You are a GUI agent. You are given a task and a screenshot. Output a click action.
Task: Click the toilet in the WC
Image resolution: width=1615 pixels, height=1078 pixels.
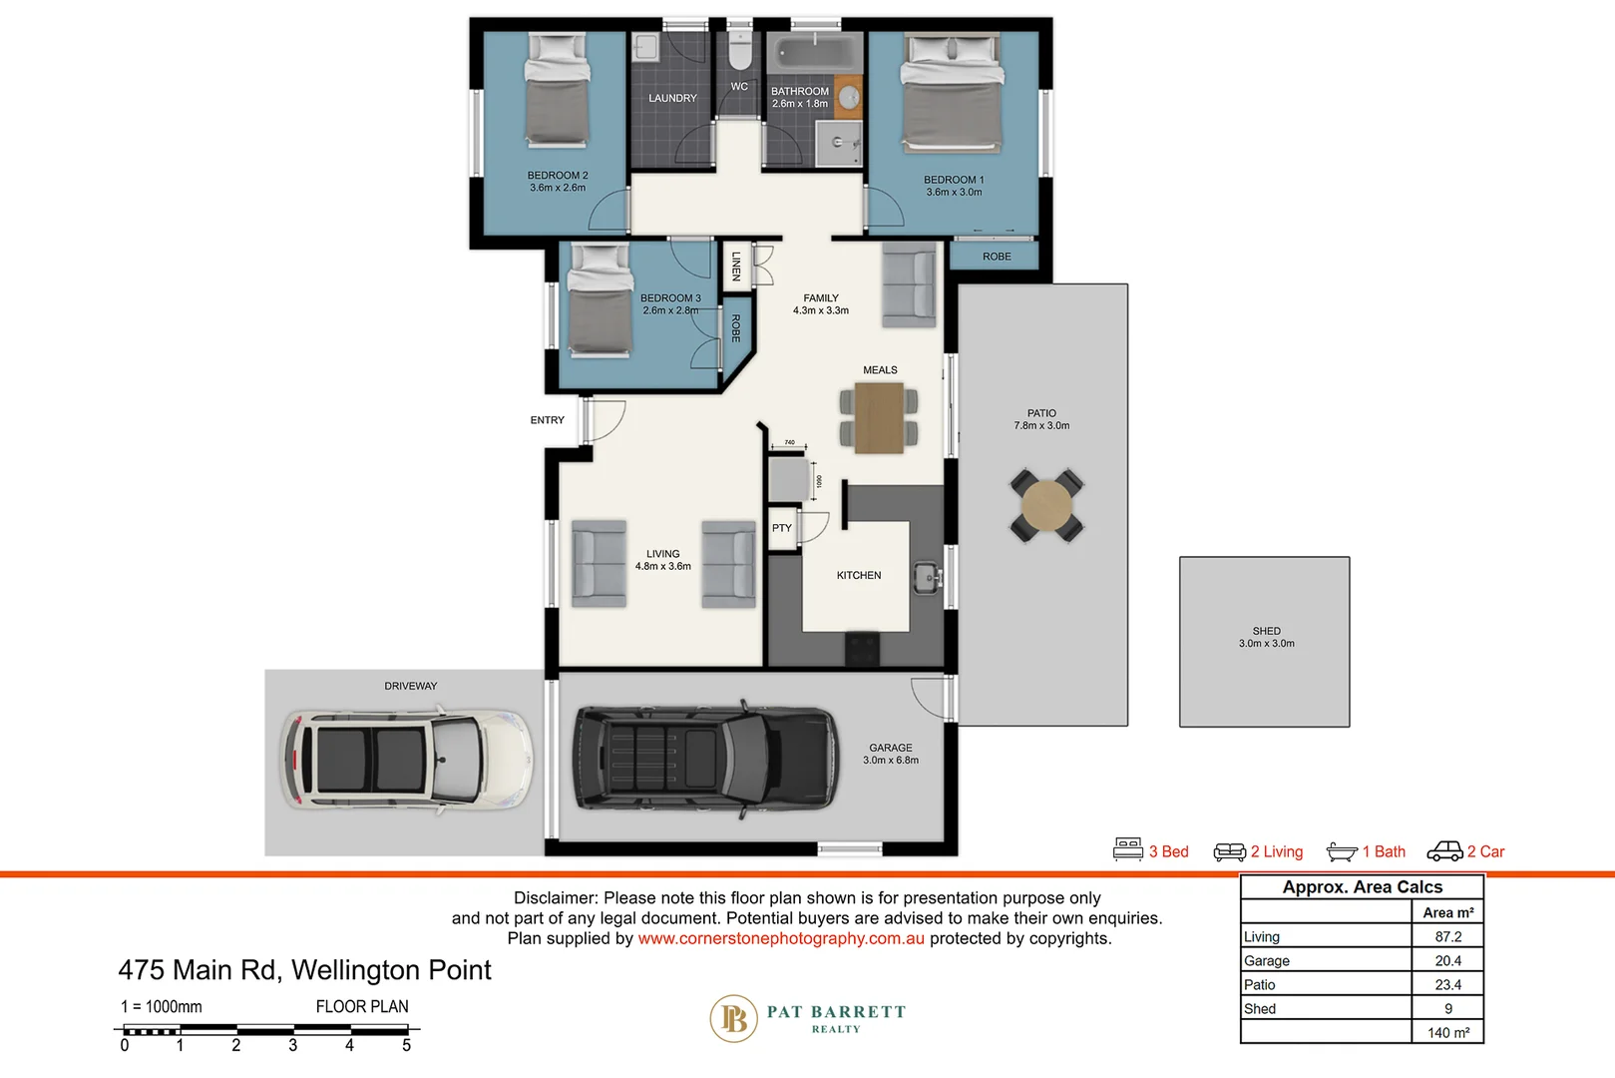pyautogui.click(x=739, y=51)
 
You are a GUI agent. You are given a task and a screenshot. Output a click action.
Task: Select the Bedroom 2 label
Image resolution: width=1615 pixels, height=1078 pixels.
pyautogui.click(x=558, y=176)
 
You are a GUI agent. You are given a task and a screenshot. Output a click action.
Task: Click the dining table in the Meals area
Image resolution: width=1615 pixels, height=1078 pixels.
pyautogui.click(x=879, y=418)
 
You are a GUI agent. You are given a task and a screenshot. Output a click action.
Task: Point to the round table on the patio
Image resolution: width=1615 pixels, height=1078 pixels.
pyautogui.click(x=1046, y=506)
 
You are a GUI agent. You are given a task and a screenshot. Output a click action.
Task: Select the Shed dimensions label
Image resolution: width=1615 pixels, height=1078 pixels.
pyautogui.click(x=1266, y=644)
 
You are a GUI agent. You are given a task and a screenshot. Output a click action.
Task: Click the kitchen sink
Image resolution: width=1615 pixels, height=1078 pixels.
pyautogui.click(x=928, y=577)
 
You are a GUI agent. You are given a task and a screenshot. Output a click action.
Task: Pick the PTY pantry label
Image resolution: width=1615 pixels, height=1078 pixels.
pyautogui.click(x=782, y=528)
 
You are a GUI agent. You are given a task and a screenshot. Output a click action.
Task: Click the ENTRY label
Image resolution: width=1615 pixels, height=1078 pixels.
pyautogui.click(x=547, y=420)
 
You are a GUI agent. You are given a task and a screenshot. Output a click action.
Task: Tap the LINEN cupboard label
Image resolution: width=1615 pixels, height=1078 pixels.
pyautogui.click(x=736, y=266)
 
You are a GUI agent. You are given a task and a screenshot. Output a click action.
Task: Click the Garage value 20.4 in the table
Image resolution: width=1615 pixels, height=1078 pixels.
pyautogui.click(x=1447, y=961)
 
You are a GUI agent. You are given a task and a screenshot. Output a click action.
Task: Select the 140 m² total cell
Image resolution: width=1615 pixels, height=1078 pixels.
pyautogui.click(x=1447, y=1033)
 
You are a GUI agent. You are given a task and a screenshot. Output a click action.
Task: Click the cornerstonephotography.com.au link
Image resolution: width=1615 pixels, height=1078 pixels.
pyautogui.click(x=781, y=939)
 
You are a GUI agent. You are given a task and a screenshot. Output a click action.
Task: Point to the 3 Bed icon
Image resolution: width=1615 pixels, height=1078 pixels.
pyautogui.click(x=1128, y=849)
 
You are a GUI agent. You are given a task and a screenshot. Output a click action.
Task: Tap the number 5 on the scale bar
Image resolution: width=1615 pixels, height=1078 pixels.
pyautogui.click(x=406, y=1046)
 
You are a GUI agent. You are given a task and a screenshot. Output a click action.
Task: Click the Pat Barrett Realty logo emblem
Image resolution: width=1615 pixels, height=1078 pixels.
pyautogui.click(x=734, y=1019)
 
